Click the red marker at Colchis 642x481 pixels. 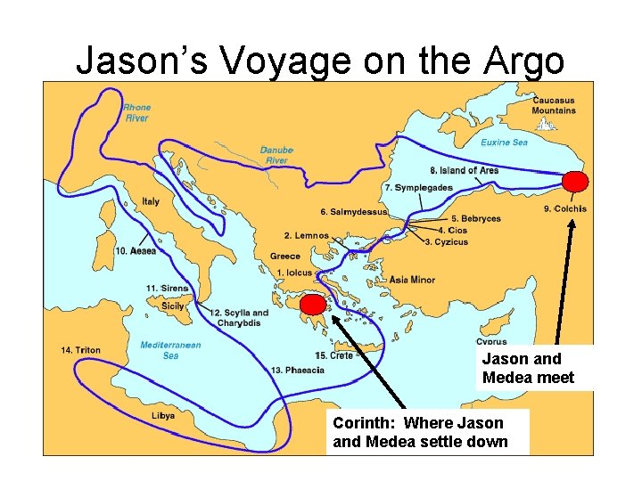click(575, 182)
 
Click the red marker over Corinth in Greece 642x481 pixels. click(313, 306)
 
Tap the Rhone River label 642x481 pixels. click(136, 111)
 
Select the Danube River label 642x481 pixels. click(276, 155)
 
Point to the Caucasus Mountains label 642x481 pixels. click(553, 105)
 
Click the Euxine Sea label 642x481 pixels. click(504, 142)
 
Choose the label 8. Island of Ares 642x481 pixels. click(464, 170)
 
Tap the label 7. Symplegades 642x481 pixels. click(418, 188)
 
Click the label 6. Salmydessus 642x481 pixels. click(354, 212)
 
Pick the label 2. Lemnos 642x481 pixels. click(307, 235)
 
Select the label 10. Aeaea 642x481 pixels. click(136, 251)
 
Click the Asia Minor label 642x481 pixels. click(412, 280)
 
